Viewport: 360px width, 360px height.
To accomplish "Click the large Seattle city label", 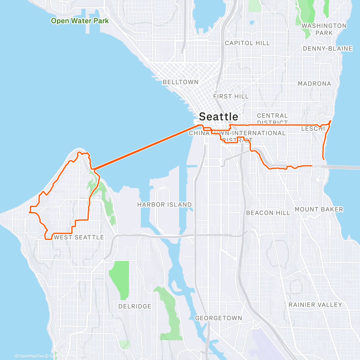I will coord(218,117).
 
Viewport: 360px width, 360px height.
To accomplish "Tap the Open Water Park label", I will coord(80,21).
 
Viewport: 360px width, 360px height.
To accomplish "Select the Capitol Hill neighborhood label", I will coord(247,43).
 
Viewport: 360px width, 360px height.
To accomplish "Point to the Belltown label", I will coord(181,82).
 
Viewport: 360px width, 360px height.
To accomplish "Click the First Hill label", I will coord(231,97).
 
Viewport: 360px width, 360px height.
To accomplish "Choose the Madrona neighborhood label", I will coord(314,84).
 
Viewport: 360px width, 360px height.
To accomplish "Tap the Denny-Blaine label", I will coord(328,49).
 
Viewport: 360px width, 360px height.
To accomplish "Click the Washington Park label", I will coord(324,29).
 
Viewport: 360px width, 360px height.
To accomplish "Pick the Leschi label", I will coord(313,129).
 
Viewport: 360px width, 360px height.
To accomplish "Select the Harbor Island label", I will coord(164,205).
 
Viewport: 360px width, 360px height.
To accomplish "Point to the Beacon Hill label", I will coord(268,213).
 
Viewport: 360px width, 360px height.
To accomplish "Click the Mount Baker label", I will coord(319,209).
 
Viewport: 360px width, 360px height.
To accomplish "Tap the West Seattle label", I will coord(79,237).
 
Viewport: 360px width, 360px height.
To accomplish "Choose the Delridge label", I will coord(135,307).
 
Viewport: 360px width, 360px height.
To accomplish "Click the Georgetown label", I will coord(218,318).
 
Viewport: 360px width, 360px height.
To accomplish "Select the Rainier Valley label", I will coord(315,305).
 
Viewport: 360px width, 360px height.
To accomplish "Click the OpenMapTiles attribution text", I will coord(29,356).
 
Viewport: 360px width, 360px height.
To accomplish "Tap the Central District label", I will coord(272,119).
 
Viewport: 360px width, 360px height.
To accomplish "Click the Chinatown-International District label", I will coord(237,135).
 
